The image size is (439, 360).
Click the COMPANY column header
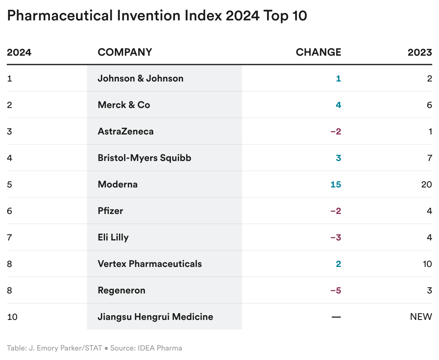coord(125,52)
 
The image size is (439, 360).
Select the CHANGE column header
coord(318,52)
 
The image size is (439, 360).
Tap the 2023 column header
coord(420,52)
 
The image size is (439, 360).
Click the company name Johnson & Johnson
coord(140,78)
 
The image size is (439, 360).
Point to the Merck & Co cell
coord(124,105)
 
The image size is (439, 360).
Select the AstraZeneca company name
coord(125,131)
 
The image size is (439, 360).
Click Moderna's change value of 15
coord(335,184)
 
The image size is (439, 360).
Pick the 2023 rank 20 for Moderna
coord(426,184)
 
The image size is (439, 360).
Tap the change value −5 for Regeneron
coord(335,290)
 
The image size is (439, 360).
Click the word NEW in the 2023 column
coord(421,317)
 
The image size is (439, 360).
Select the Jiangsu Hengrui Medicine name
coord(155,317)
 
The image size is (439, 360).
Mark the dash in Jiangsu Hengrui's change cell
coord(336,317)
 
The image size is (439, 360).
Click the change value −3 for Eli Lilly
coord(335,237)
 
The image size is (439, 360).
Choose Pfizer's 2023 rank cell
coord(429,211)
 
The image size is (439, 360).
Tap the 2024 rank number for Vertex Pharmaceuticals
coord(10,264)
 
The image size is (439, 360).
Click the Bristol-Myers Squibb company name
coord(144,158)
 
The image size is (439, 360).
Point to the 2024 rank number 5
coord(10,184)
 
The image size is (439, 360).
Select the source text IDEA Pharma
coord(160,348)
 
